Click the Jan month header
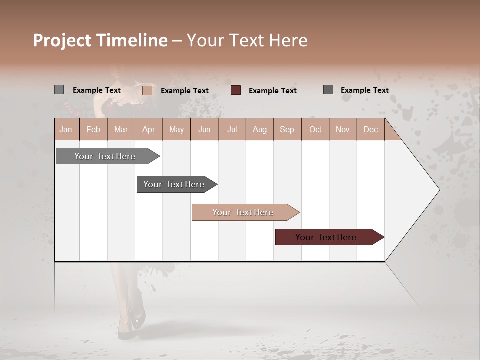pos(66,129)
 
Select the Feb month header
pos(93,129)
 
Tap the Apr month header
pos(149,129)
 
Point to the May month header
pos(176,129)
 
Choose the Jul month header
pos(232,129)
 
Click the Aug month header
pos(259,129)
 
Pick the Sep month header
pos(287,129)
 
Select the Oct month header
pos(315,129)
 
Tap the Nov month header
pos(343,129)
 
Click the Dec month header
pos(370,129)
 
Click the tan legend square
pos(147,90)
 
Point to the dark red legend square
pos(236,90)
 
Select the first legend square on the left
pos(59,90)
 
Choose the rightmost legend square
pos(328,90)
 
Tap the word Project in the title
pos(62,40)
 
